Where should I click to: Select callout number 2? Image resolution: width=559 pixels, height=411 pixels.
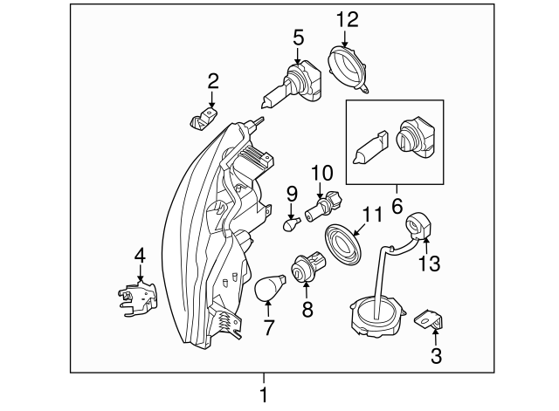(x=212, y=82)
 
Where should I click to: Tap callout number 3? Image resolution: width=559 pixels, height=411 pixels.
(x=436, y=355)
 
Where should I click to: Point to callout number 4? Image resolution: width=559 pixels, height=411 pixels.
(x=139, y=256)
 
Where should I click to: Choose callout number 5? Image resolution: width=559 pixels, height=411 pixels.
(x=299, y=38)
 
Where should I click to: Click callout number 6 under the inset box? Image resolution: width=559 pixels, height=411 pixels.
(x=396, y=207)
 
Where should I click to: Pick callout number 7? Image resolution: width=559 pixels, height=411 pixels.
(x=268, y=328)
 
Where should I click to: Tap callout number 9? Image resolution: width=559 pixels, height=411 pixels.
(x=292, y=192)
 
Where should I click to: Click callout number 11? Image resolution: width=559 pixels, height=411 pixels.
(x=373, y=214)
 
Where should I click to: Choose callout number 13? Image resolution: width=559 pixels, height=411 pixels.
(x=430, y=263)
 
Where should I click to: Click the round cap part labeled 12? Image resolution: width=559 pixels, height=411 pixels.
(x=349, y=65)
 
